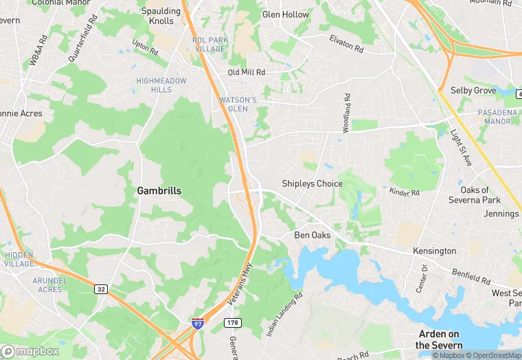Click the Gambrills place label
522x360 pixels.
(x=159, y=190)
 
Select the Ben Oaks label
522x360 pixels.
(x=313, y=235)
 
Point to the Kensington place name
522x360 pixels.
(x=434, y=251)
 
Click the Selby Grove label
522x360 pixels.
(x=473, y=90)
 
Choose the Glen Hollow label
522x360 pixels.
(x=286, y=14)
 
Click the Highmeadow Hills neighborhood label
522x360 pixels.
(x=161, y=85)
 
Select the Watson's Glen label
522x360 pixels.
(x=238, y=104)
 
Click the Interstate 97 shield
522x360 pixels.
(x=198, y=323)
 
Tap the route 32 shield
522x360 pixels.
(x=100, y=289)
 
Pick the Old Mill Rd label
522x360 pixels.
(x=247, y=72)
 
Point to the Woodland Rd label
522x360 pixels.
(x=347, y=113)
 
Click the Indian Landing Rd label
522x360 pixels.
(x=284, y=316)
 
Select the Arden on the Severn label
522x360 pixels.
(x=440, y=339)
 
